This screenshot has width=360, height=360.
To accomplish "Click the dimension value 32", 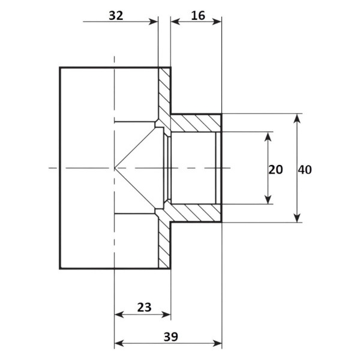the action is [116, 16].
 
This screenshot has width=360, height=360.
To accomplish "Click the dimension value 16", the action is [198, 16].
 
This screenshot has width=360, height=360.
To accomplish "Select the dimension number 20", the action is [275, 170].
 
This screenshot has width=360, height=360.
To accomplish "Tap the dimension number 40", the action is [305, 170].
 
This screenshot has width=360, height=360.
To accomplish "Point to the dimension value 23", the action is [145, 307].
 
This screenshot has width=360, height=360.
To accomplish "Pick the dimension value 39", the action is [171, 337].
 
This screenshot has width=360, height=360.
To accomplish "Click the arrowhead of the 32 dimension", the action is [154, 22].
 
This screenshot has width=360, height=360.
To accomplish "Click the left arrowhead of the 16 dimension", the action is [176, 22].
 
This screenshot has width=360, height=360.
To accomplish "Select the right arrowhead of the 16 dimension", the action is [217, 22].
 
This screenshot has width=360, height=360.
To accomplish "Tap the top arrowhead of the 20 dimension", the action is [268, 137].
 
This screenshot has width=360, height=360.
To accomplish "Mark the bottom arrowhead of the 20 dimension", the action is [268, 199].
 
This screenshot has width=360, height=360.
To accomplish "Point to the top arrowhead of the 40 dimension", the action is [297, 118].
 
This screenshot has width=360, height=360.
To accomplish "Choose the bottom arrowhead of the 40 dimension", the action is [297, 217].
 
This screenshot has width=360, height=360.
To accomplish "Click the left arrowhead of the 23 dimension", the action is [119, 314].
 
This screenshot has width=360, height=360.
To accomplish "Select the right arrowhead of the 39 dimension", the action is [217, 344].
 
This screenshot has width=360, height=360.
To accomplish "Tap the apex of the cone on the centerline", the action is [115, 168].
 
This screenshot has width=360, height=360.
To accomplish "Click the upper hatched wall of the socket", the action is [196, 123].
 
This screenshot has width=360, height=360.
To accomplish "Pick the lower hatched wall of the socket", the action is [196, 213].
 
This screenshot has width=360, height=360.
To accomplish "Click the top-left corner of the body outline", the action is [60, 67].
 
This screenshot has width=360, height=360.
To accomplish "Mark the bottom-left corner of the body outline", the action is [60, 268].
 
